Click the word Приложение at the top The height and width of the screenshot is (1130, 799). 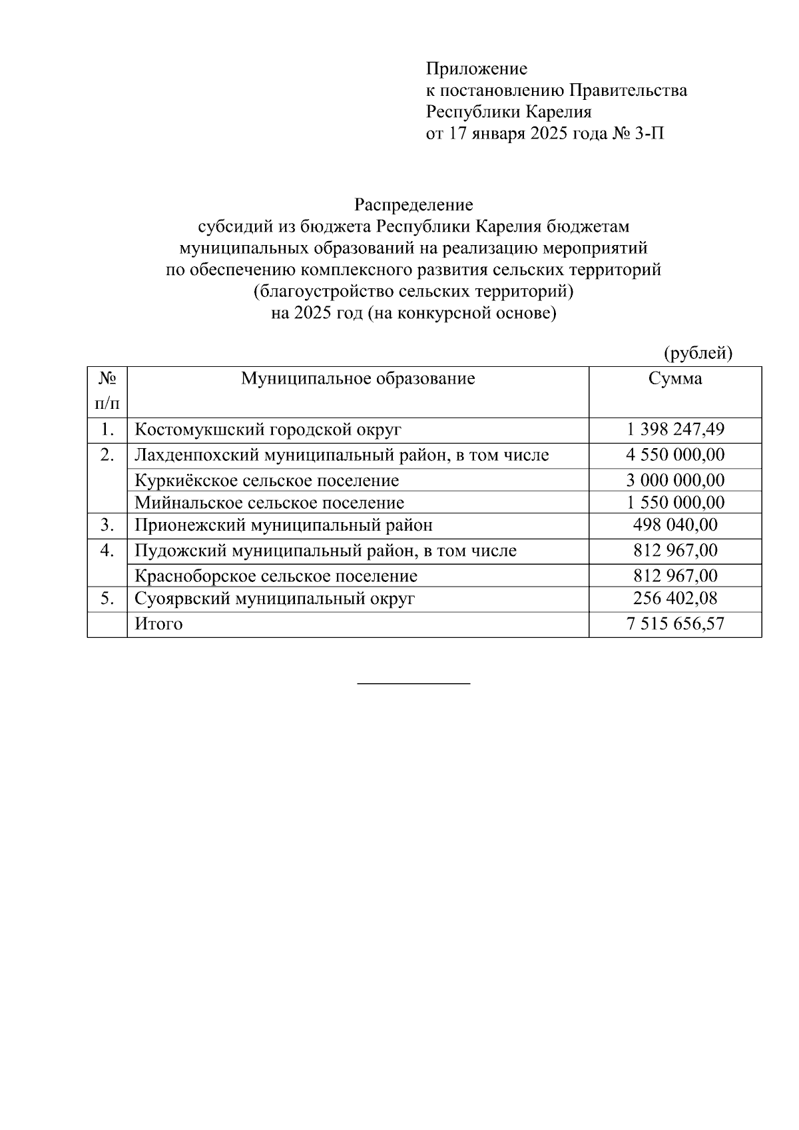coord(476,69)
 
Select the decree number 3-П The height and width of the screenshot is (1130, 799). coord(649,134)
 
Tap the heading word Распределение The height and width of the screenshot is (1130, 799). coord(413,204)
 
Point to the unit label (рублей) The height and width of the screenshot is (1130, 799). coord(698,353)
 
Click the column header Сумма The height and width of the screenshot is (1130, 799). coord(674,379)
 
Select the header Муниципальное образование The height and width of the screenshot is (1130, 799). coord(358,379)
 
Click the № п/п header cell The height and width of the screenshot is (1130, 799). coord(107,391)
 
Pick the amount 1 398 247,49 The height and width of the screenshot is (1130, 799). coord(674,429)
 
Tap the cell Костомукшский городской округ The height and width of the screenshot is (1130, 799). coord(268,429)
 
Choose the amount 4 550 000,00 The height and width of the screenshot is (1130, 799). coord(674,455)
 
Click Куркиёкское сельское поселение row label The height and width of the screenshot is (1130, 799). coord(266,480)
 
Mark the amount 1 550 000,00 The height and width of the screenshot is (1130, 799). coord(674,503)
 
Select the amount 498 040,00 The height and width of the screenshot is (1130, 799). coord(674,525)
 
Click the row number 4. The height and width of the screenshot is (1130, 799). coord(107,551)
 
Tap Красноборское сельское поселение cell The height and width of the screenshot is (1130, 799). coord(276,576)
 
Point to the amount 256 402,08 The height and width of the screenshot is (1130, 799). coord(674,599)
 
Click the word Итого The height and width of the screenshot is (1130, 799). coord(158,625)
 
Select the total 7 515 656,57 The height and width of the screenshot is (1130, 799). coord(674,625)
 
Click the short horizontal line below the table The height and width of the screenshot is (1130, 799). coord(413,683)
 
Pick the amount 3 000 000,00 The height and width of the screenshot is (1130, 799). coord(674,480)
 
